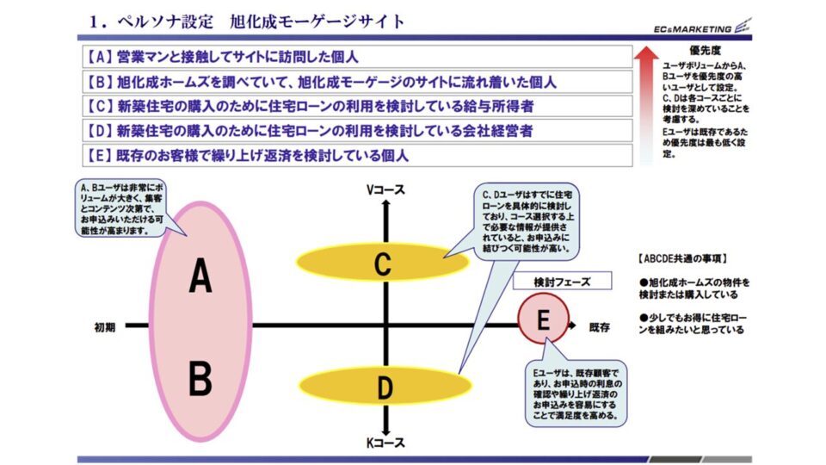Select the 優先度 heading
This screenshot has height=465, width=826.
pos(705,52)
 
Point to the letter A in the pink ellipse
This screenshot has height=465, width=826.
pos(200,276)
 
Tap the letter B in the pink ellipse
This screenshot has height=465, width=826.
pos(200,378)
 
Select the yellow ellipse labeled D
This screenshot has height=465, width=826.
pos(383,385)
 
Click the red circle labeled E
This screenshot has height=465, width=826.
pos(543,320)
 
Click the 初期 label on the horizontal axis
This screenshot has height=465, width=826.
pos(105,327)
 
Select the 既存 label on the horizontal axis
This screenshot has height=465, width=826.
pos(599,327)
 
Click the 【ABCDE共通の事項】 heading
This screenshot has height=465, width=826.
pos(681,257)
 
